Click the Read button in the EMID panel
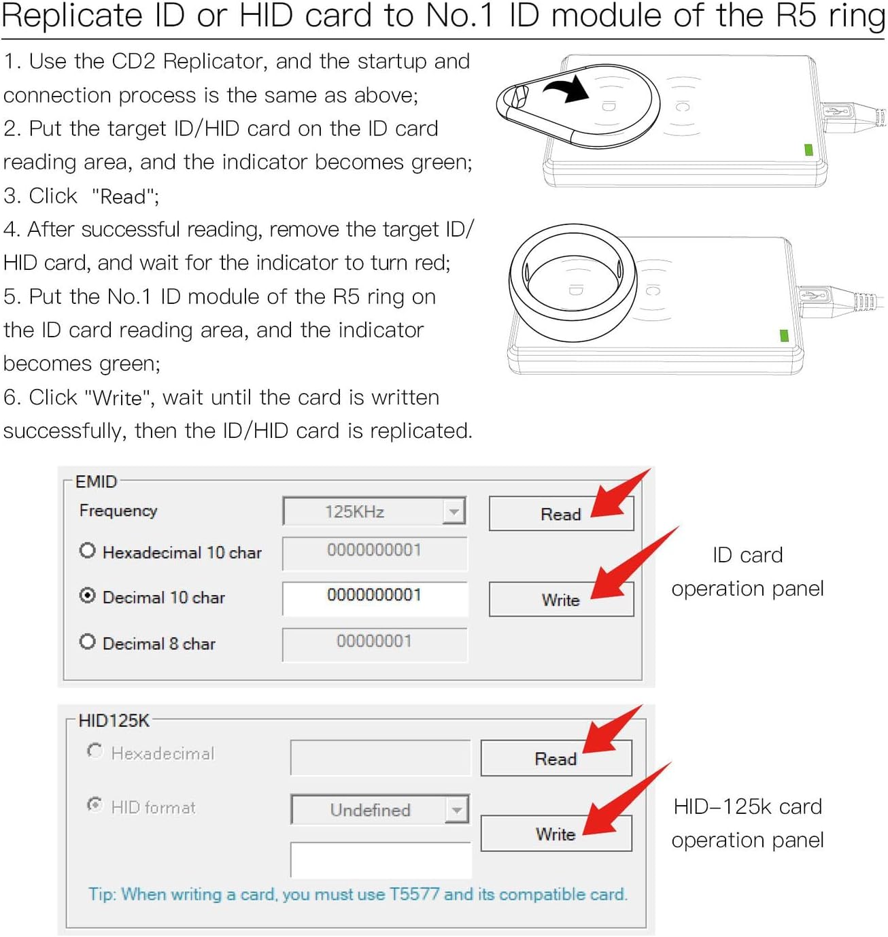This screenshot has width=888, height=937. (560, 514)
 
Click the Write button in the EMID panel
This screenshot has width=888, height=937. (560, 600)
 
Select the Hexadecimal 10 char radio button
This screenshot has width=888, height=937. (87, 551)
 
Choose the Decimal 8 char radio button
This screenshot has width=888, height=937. (87, 642)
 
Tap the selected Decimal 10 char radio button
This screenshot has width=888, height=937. (87, 596)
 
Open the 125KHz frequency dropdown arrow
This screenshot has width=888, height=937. (454, 511)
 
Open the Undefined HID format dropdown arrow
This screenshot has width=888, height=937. (457, 810)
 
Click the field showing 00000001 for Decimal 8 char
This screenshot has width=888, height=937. (375, 643)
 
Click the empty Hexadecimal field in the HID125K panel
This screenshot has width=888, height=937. (380, 757)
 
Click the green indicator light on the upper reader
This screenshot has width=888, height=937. (808, 150)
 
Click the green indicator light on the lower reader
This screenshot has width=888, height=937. (784, 335)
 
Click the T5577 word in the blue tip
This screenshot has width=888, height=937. (414, 894)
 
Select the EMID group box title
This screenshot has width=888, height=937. (96, 482)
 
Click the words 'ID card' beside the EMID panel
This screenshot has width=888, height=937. (747, 556)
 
